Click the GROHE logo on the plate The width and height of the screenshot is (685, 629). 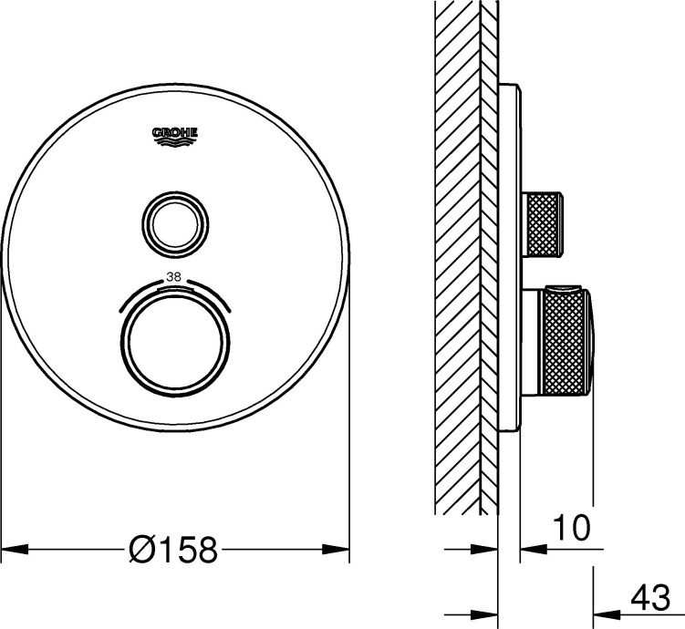tap(174, 135)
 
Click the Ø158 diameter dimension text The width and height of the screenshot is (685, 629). tap(173, 550)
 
